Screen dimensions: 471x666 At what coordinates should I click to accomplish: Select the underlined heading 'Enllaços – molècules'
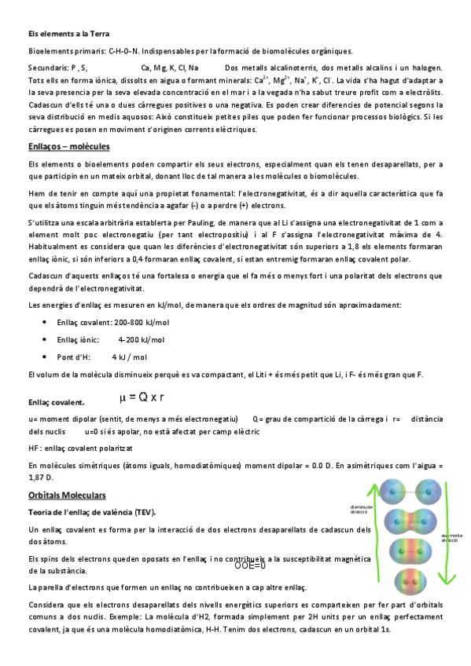point(68,147)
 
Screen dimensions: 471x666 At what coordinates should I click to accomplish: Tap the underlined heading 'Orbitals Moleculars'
point(67,495)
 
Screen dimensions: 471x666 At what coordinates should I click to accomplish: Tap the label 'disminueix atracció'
point(362,509)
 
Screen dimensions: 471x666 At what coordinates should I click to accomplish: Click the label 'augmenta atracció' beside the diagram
point(451,538)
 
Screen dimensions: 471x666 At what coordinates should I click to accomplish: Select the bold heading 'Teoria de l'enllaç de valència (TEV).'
point(92,512)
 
